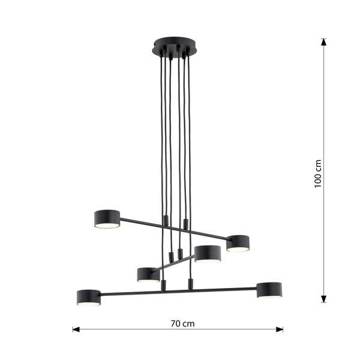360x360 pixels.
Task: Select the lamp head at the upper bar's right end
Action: click(238, 242)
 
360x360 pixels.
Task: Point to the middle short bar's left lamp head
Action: click(148, 274)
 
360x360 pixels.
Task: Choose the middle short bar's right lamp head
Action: click(208, 253)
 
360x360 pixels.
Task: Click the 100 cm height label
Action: click(318, 173)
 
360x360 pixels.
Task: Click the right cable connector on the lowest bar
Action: click(190, 284)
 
